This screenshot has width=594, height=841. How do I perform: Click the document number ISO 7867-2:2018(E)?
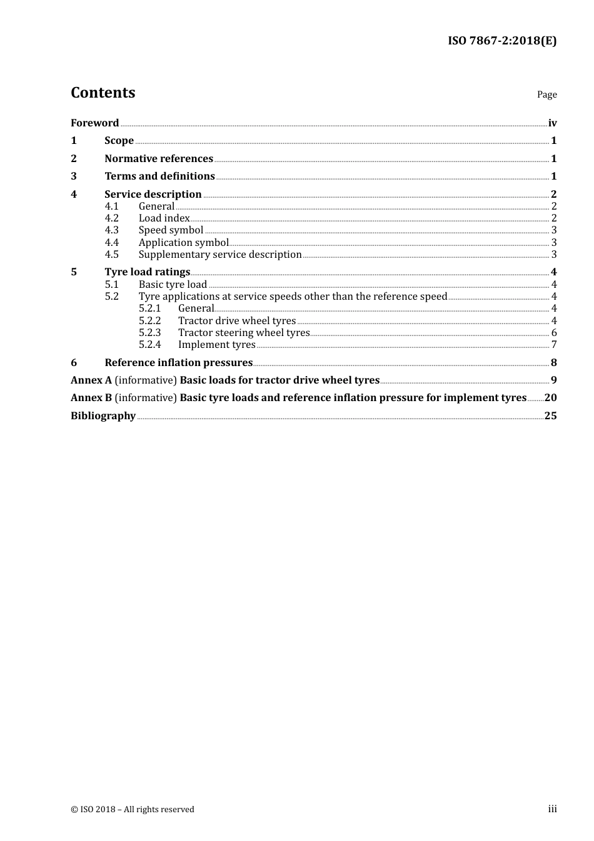click(x=501, y=41)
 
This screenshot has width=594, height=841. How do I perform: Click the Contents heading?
click(x=103, y=93)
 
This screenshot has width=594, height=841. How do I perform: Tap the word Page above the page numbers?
click(x=546, y=94)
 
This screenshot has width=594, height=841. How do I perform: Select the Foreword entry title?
click(x=94, y=123)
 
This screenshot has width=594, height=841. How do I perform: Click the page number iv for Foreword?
click(x=552, y=123)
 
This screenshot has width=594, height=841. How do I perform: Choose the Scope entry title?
click(x=119, y=141)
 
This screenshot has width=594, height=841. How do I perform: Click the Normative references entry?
click(x=159, y=159)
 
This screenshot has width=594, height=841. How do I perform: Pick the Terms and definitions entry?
click(x=159, y=176)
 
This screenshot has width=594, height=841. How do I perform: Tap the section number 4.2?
click(x=111, y=218)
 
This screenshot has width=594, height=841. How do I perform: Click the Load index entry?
click(x=164, y=218)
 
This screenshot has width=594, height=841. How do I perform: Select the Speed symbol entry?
click(x=171, y=230)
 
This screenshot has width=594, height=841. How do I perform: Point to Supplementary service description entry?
click(x=220, y=255)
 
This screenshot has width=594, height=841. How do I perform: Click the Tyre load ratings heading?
click(x=147, y=272)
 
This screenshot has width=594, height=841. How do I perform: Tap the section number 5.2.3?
click(x=149, y=333)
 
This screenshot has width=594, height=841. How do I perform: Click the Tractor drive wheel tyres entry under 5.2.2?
click(x=237, y=321)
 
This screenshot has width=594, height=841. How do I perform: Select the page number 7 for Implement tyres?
click(x=554, y=345)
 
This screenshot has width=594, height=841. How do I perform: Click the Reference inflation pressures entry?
click(x=178, y=363)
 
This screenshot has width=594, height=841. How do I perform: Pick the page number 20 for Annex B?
click(x=550, y=398)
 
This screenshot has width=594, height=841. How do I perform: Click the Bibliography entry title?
click(x=103, y=416)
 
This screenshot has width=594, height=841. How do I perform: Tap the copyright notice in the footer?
click(x=133, y=810)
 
